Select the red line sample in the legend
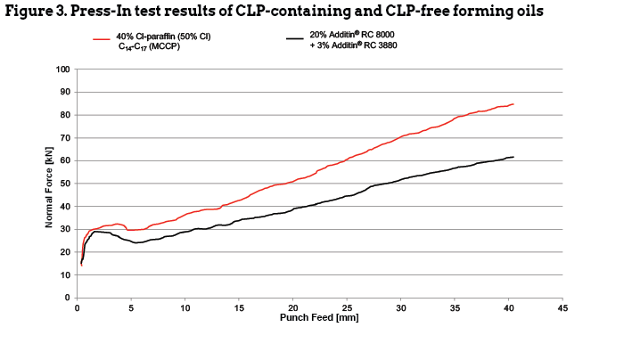click(101, 38)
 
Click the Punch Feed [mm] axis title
click(320, 316)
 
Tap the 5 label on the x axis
click(131, 307)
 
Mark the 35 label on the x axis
click(455, 307)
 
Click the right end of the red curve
click(513, 104)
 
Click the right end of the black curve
click(513, 157)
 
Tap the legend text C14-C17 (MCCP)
click(152, 45)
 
